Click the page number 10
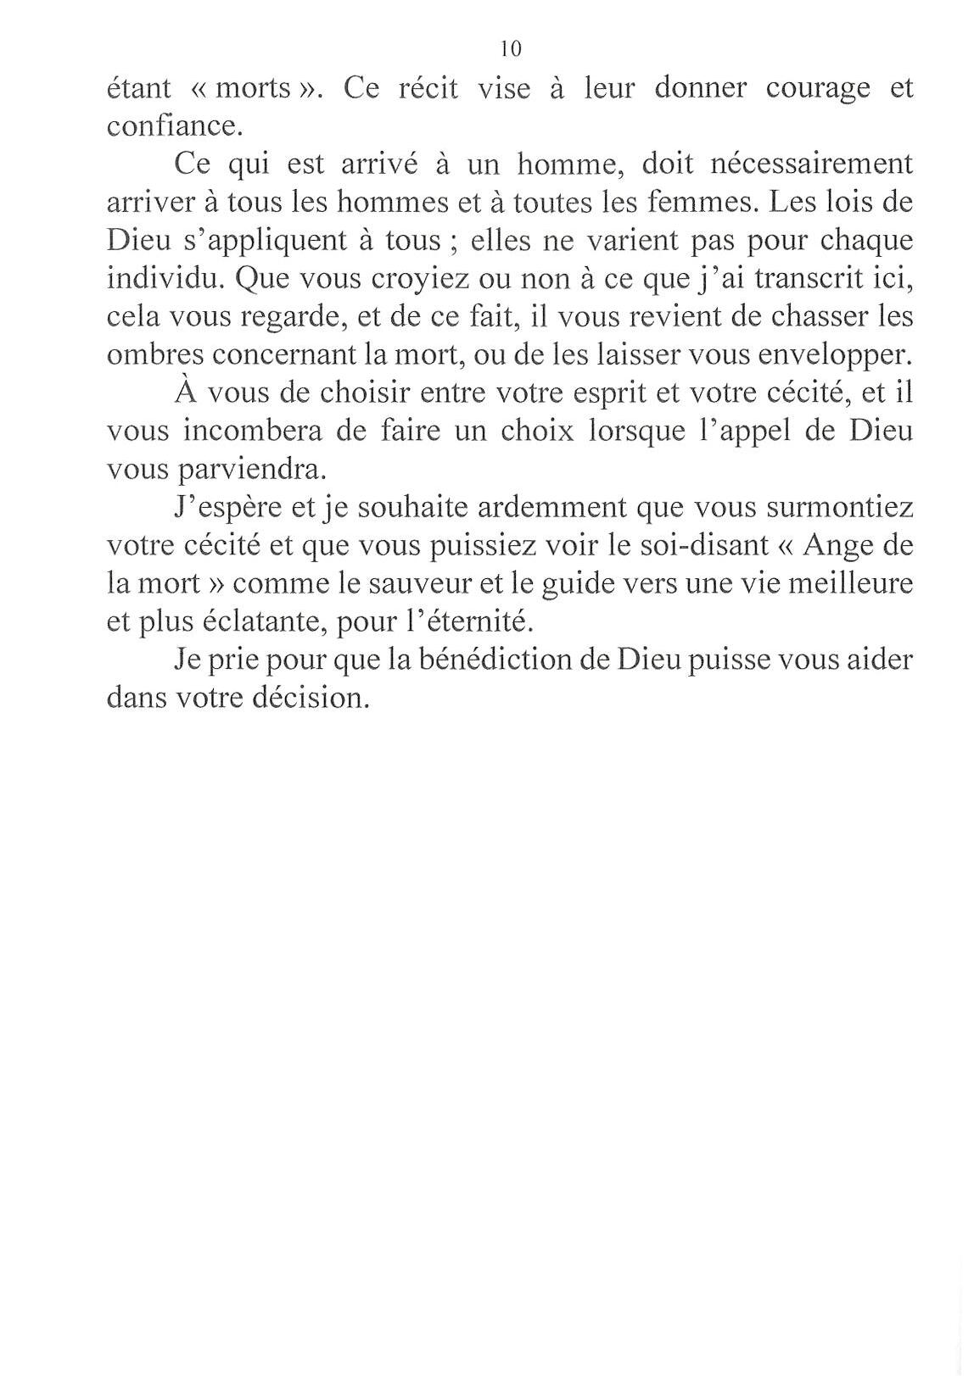511,48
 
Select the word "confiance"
175,126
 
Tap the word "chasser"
819,317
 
